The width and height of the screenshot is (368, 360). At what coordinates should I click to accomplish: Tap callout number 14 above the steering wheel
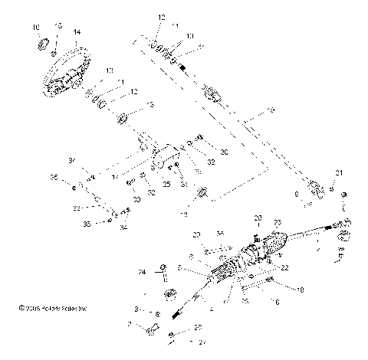point(76,32)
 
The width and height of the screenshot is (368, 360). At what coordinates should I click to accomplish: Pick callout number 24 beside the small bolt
point(142,270)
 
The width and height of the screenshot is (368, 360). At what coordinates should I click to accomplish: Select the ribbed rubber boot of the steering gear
point(269,246)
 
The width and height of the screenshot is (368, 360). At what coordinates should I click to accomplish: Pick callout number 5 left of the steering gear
point(179,268)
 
